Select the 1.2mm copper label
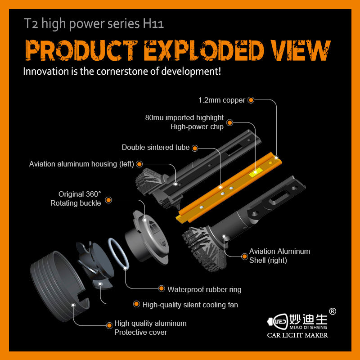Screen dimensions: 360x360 tap(222, 100)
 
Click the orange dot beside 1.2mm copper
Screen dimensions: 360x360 tap(251, 100)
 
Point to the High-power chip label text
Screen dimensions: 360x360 tap(197, 126)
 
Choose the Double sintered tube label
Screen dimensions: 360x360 tap(156, 148)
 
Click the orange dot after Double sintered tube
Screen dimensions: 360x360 tap(194, 148)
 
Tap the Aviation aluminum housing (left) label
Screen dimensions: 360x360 tap(81, 164)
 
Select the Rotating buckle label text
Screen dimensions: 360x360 tap(76, 203)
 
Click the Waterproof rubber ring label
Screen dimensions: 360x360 tap(204, 289)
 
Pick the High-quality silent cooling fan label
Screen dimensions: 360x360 tap(190, 305)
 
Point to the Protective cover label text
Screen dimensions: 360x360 tap(140, 332)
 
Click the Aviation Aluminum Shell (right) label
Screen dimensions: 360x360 tap(279, 256)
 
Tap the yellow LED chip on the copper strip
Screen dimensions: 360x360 tap(255, 172)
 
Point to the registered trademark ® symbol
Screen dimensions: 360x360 tap(333, 311)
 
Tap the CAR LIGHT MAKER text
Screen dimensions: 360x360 tap(297, 335)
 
